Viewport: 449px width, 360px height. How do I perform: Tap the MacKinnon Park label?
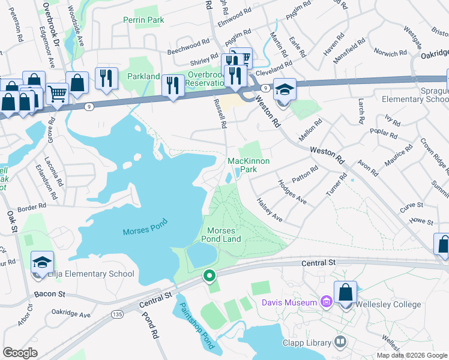click(x=249, y=165)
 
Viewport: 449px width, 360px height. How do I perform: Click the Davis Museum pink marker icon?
click(x=326, y=302)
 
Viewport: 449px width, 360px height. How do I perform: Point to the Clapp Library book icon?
click(x=341, y=342)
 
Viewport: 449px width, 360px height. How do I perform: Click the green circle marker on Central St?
click(x=209, y=276)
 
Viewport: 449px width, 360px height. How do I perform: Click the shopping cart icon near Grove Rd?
click(x=57, y=92)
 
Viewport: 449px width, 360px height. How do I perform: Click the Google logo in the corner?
click(x=20, y=353)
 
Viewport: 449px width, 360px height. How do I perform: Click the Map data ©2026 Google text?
click(x=411, y=355)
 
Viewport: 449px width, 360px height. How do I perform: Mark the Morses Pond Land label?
click(x=223, y=235)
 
